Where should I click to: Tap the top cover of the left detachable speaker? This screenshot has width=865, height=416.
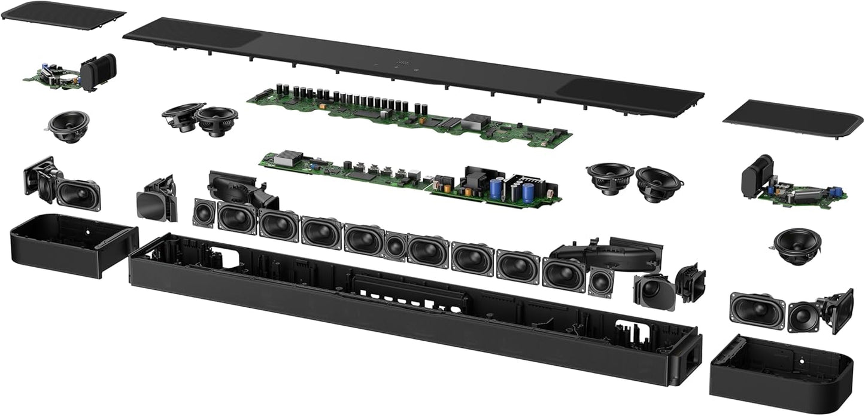(x=63, y=15)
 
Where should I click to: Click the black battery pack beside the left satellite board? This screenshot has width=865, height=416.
(x=98, y=72)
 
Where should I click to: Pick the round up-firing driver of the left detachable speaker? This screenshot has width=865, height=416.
(x=69, y=126)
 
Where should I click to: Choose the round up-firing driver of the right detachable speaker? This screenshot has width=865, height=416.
(x=797, y=245)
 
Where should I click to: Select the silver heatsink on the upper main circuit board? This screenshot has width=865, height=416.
(x=475, y=121)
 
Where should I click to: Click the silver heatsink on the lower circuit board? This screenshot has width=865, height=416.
(x=289, y=158)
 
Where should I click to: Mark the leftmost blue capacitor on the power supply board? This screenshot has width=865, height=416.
(x=496, y=189)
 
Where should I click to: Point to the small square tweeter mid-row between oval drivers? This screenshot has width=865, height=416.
(x=395, y=246)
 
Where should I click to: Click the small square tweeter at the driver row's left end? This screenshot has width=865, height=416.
(x=204, y=212)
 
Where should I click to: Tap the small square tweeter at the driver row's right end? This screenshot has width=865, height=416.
(x=600, y=282)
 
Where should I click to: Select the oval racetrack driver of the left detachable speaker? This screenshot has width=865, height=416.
(x=78, y=195)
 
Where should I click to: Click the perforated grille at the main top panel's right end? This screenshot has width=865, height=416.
(x=629, y=95)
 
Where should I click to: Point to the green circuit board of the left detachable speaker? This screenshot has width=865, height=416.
(x=51, y=76)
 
